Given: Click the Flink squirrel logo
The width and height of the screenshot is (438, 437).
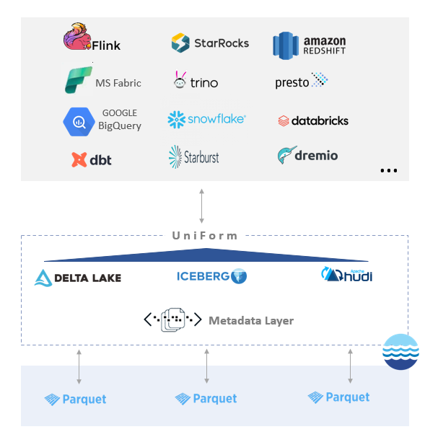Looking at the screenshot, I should tap(78, 37).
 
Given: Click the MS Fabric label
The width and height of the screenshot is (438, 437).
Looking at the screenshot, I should tap(118, 83).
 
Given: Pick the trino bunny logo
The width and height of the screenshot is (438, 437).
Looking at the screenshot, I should tap(180, 80).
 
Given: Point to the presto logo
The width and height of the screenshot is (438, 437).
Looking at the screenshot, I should tap(301, 81).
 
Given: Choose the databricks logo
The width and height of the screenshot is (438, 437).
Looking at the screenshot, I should tap(313, 120).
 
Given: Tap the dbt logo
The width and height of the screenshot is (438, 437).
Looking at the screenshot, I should tap(92, 159).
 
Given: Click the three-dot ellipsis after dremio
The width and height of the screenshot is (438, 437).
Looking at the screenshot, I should tap(388, 171).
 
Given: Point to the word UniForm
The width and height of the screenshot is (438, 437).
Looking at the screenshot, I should tap(205, 236).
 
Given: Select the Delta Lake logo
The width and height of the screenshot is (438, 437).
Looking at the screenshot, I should tap(78, 278).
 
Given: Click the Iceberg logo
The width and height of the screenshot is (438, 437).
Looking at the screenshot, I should tap(211, 275).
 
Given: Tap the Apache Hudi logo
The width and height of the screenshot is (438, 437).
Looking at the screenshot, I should tap(347, 275).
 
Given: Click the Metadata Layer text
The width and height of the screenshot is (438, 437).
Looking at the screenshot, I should tap(251, 320).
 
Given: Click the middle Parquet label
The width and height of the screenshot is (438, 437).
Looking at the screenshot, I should tap(206, 398).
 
